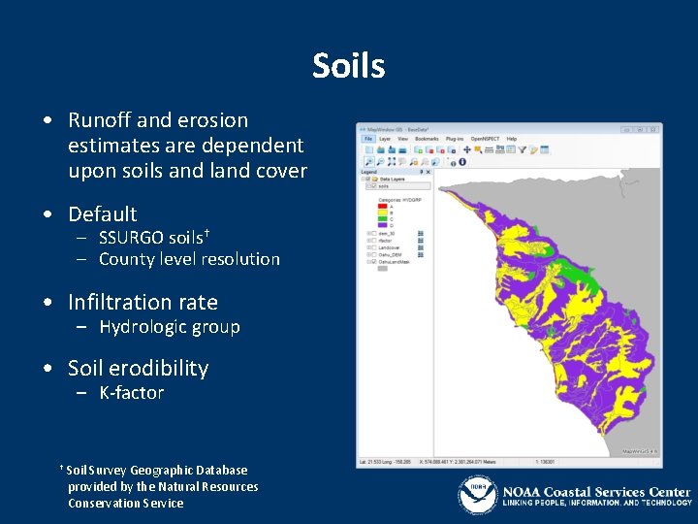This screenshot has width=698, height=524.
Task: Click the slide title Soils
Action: coord(348,66)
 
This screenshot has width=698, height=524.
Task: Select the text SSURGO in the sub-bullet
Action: coord(131,237)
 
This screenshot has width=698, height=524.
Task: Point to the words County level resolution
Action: coord(189,259)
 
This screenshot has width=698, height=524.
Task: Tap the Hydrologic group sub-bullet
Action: coord(169,327)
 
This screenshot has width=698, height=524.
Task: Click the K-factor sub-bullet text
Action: coord(131,393)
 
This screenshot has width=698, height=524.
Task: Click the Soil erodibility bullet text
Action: coord(138,368)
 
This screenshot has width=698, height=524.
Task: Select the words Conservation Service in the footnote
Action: coord(125,503)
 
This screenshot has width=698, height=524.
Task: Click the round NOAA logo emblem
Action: coord(477,495)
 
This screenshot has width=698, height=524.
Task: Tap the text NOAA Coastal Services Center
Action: coord(595,491)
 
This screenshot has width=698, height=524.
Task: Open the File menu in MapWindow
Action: coord(367,139)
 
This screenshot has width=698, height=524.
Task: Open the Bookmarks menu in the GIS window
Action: coord(428,139)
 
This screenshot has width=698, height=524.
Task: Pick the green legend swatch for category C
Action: coord(383,219)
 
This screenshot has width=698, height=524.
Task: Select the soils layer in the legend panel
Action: coord(384,186)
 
